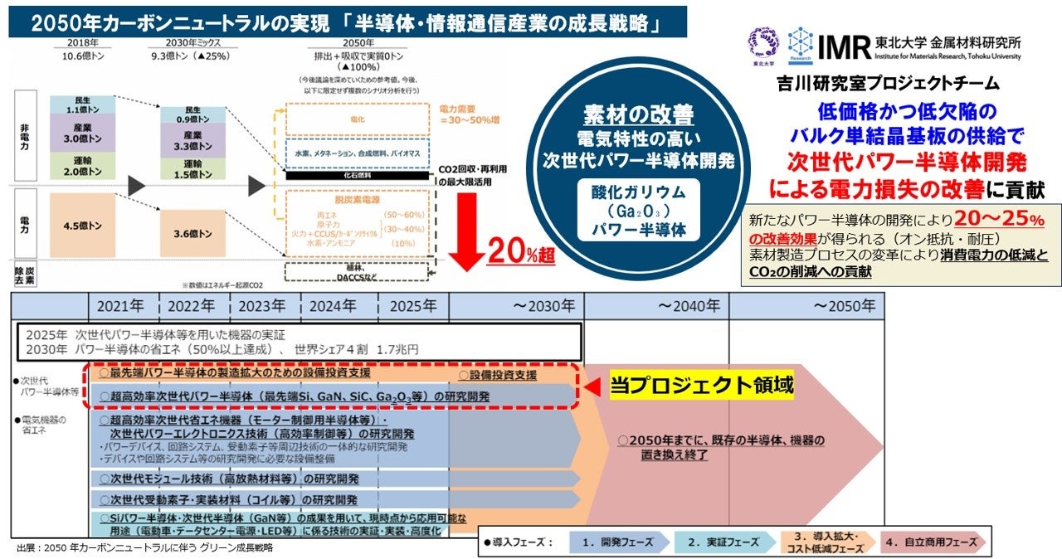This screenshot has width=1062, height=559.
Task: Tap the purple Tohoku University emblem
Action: pos(764,41)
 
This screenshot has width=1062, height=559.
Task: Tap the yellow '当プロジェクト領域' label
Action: pos(702,385)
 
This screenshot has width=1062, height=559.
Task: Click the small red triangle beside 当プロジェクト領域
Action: pos(592,386)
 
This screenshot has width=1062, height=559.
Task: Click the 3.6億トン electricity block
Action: pos(192,234)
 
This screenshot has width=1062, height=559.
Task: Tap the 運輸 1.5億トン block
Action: pos(192,168)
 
